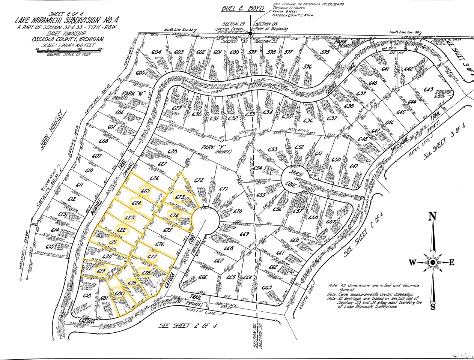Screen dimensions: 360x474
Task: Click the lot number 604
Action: [x=156, y=52]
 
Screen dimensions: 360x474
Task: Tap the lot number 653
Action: [x=272, y=150]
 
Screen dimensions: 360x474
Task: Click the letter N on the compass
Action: [x=432, y=216]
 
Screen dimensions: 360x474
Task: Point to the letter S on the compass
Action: [x=433, y=307]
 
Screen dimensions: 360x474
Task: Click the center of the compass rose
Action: [x=432, y=262]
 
